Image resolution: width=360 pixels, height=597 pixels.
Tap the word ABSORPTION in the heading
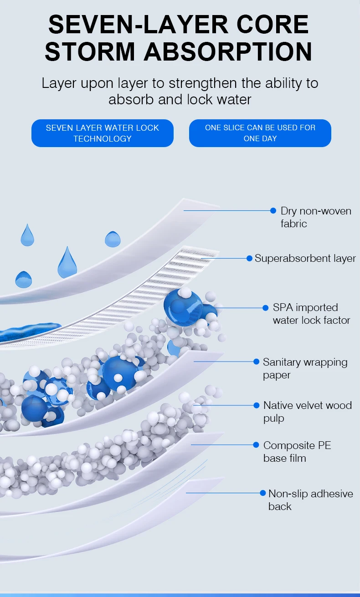[x=228, y=51]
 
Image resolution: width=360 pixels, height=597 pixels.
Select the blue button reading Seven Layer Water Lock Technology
[x=103, y=133]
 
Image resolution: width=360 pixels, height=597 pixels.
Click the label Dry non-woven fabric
[x=316, y=217]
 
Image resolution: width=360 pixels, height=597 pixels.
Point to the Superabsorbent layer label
[x=305, y=258]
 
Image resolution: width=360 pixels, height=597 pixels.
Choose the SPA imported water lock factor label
[x=311, y=314]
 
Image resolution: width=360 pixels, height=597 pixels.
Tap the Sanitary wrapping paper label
[x=305, y=368]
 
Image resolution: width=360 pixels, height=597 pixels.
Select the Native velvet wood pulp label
[x=308, y=412]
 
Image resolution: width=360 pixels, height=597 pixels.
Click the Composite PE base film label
[x=297, y=452]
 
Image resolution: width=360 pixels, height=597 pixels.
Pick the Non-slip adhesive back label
[x=311, y=500]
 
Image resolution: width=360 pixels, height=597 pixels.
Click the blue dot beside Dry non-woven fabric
[x=273, y=210]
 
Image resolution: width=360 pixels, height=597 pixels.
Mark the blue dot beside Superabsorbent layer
[x=249, y=258]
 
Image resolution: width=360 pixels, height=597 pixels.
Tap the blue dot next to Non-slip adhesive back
[x=262, y=493]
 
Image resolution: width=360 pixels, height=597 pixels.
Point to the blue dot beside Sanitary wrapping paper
[x=256, y=362]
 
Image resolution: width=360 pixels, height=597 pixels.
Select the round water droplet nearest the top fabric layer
[x=113, y=239]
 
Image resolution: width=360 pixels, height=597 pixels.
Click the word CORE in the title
[x=273, y=25]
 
